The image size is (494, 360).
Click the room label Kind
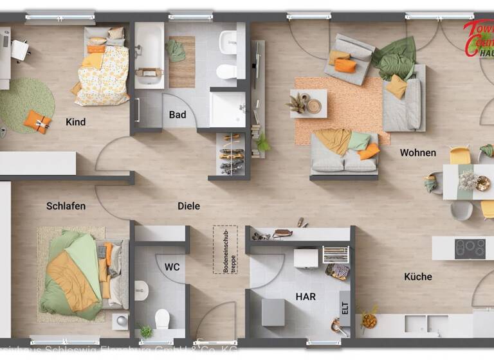tap(75, 122)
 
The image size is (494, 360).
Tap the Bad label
tap(178, 114)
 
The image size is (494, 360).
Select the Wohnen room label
tap(417, 152)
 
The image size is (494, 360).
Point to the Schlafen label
tap(66, 206)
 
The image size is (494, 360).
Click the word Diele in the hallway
tap(188, 206)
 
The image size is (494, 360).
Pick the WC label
tap(172, 266)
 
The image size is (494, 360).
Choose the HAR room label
tap(306, 296)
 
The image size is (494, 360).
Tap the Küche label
tap(417, 276)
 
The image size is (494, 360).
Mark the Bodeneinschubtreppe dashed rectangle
tap(225, 249)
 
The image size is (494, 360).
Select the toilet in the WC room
tap(162, 318)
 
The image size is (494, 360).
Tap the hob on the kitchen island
tap(470, 248)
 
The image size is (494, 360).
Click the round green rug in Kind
tap(26, 104)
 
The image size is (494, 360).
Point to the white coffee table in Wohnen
tap(308, 103)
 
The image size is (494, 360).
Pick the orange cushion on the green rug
tap(37, 120)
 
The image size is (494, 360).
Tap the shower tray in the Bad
tap(228, 109)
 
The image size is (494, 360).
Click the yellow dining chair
tap(460, 156)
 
